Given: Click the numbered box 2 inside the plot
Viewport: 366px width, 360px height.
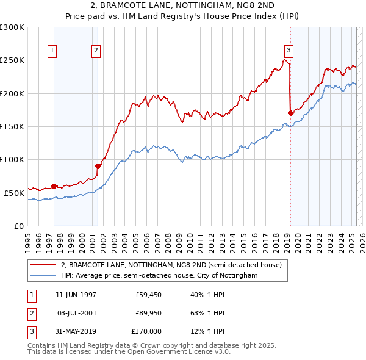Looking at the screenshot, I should point(96,51).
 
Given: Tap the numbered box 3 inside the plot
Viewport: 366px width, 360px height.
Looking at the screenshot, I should point(288,51).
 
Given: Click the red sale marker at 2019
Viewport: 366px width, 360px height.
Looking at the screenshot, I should point(290,113).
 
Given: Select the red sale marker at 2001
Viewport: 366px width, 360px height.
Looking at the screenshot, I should point(98,165).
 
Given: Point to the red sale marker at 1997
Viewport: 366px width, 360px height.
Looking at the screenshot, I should point(54,186).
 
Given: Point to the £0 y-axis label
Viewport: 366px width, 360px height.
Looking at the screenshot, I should point(18,226).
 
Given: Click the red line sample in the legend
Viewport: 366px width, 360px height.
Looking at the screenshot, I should point(43,265).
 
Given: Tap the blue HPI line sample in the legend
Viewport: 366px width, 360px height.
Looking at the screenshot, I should point(43,276).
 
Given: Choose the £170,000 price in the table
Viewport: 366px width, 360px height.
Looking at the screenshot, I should point(146,331).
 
